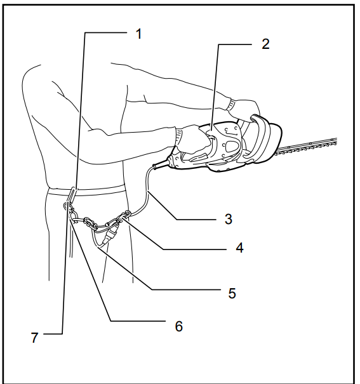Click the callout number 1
[138, 33]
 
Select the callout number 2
[265, 44]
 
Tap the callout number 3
[227, 220]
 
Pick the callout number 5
[232, 293]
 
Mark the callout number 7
[35, 337]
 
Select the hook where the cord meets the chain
[126, 216]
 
